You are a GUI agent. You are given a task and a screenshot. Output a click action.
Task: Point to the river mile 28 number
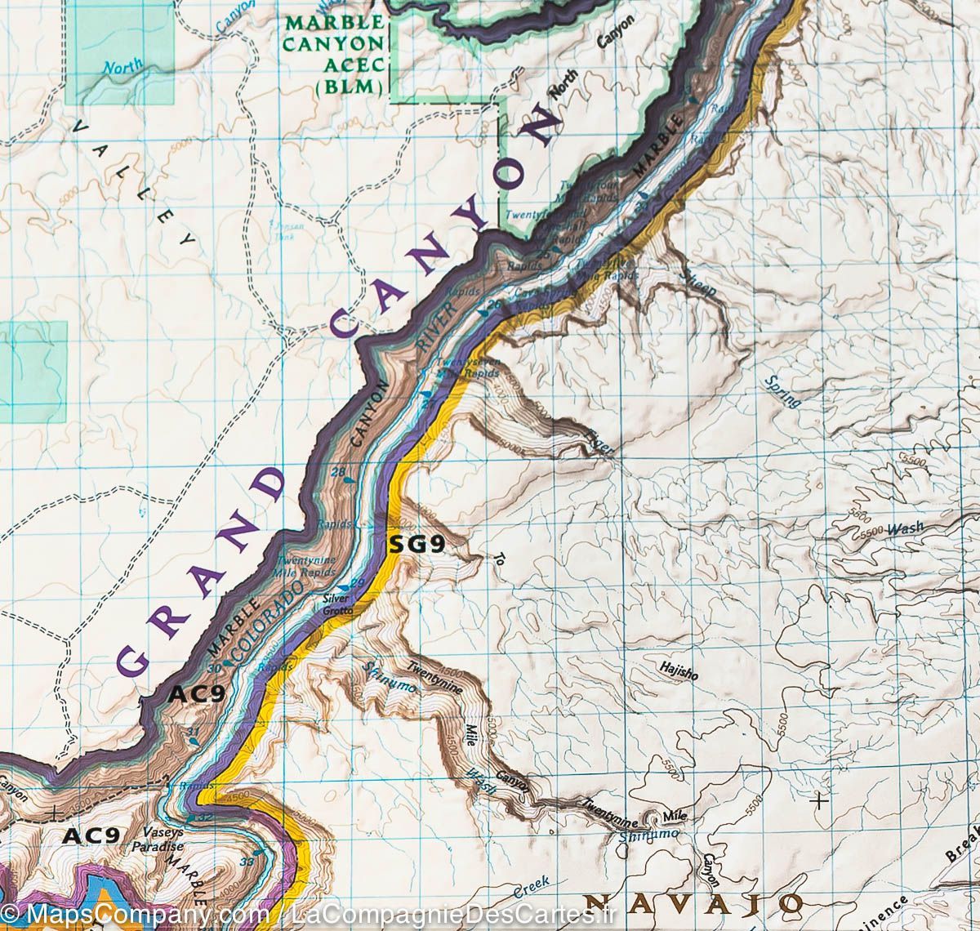point(337,472)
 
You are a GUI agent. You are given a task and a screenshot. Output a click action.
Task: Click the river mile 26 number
point(492,304)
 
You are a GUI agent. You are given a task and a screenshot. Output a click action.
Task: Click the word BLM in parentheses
point(355,85)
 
